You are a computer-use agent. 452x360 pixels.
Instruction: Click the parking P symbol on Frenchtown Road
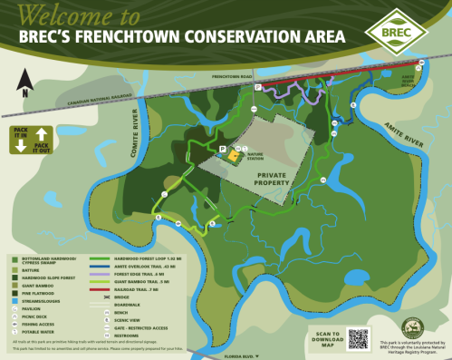point(257,87)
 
